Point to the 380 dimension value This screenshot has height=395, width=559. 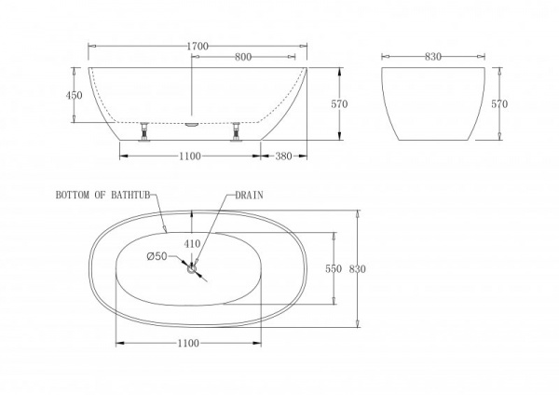click(x=285, y=156)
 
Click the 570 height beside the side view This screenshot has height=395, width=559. click(x=339, y=104)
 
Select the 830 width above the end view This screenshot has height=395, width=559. click(x=433, y=57)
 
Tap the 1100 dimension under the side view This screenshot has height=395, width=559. click(x=190, y=156)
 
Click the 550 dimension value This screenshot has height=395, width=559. click(x=333, y=268)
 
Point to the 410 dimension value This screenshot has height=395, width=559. click(x=193, y=244)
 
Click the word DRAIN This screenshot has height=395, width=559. click(x=249, y=197)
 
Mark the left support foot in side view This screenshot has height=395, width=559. click(x=144, y=132)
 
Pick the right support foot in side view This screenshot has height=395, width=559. click(x=236, y=132)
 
